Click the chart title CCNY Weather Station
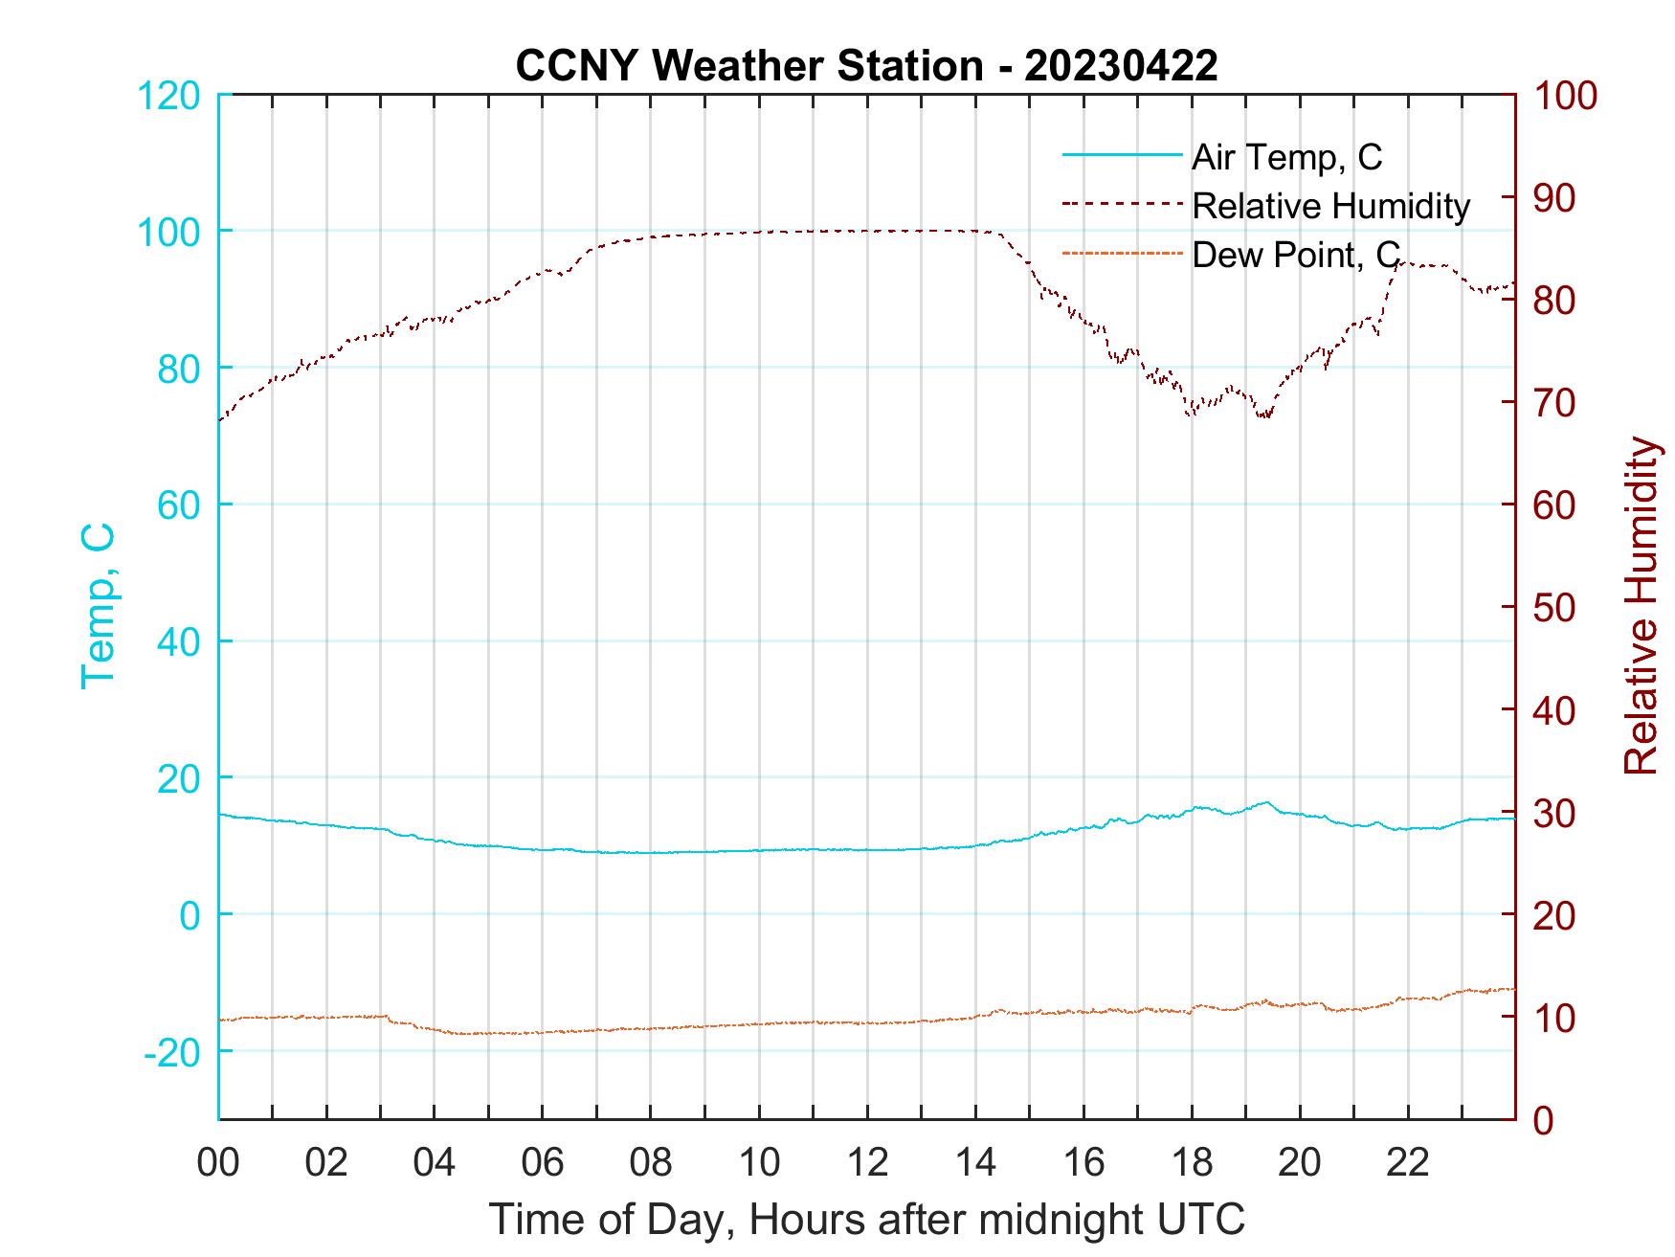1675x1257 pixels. tap(866, 66)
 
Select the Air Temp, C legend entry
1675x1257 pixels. tap(1286, 157)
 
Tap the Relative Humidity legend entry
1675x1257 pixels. tap(1330, 206)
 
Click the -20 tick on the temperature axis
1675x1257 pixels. tap(171, 1052)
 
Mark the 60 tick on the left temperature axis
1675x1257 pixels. tap(178, 505)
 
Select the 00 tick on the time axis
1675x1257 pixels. tap(218, 1163)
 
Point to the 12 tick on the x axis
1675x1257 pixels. tap(867, 1163)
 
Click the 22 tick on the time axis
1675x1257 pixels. tap(1408, 1163)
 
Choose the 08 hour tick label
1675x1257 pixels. tap(651, 1163)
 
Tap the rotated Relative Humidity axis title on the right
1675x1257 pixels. tap(1641, 606)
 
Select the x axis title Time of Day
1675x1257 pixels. tap(867, 1220)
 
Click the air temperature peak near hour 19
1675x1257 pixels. tap(1266, 802)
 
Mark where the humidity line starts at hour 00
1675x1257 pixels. tap(220, 420)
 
